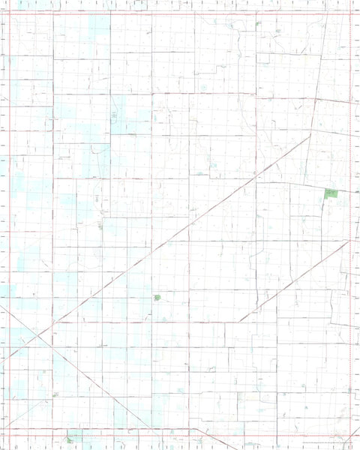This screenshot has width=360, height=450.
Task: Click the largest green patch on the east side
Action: [331, 193]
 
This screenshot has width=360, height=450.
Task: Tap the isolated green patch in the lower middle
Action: [157, 298]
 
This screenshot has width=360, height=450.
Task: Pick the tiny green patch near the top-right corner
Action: [258, 23]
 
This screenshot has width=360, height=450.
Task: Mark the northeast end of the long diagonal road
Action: [310, 136]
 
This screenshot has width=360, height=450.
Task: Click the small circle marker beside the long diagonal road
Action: [256, 172]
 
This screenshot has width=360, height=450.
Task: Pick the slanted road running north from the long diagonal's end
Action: [318, 82]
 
